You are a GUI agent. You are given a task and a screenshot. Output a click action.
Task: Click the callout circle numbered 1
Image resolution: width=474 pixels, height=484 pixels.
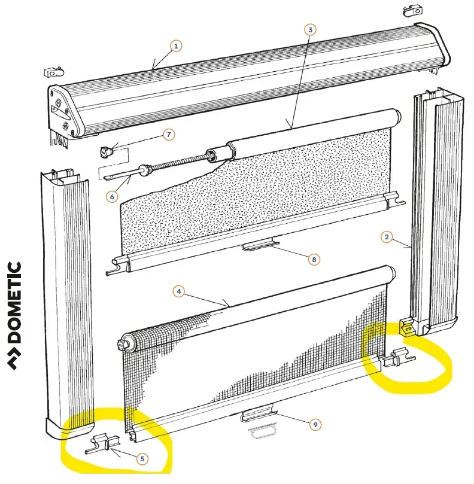click(175, 45)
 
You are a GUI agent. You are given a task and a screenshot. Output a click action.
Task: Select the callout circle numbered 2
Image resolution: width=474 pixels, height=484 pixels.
click(387, 238)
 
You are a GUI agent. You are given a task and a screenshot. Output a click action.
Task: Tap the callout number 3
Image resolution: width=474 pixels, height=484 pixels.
click(309, 29)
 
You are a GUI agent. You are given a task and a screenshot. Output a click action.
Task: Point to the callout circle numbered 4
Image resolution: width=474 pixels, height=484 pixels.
click(178, 291)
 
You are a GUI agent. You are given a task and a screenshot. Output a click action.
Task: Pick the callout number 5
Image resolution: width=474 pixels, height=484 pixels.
click(142, 459)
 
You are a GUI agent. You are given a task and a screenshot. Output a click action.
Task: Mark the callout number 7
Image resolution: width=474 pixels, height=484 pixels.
click(169, 135)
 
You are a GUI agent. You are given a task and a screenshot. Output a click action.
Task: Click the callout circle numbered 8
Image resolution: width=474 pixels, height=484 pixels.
click(314, 259)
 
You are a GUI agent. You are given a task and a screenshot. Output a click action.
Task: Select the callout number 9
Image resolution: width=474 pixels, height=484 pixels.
click(315, 424)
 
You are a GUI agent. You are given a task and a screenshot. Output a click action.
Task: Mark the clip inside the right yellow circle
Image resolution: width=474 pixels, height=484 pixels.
click(399, 360)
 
